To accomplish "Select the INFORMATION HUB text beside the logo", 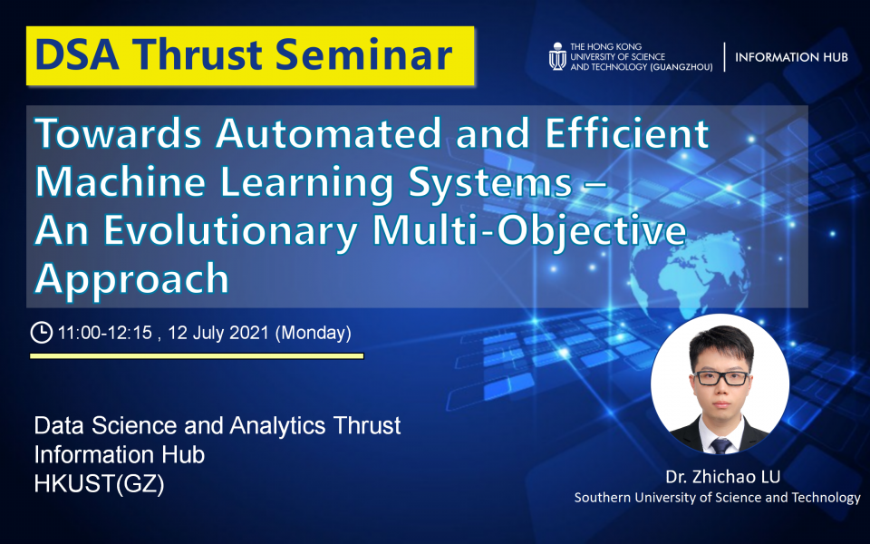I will (x=791, y=57).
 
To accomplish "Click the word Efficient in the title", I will (x=627, y=134).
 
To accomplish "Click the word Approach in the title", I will (x=132, y=278).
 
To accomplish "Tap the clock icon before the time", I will (x=41, y=333).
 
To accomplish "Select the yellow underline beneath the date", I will (x=197, y=356).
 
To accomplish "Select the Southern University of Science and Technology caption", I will (x=718, y=498).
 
